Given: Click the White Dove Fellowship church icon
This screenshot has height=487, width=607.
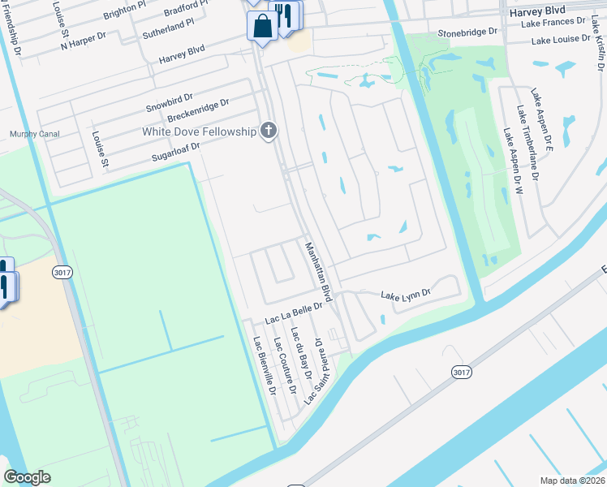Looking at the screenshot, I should click(x=269, y=131).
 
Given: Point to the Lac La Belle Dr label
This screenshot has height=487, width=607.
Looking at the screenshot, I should click(x=294, y=307).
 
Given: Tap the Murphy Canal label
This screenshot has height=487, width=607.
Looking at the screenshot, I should click(x=28, y=134).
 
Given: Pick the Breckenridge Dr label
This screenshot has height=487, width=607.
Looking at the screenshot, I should click(x=198, y=112).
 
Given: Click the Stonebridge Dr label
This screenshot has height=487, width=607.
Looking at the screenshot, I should click(x=467, y=32).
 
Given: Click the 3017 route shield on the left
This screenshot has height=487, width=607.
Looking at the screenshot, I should click(x=62, y=273).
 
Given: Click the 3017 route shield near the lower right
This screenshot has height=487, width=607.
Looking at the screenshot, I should click(x=462, y=372).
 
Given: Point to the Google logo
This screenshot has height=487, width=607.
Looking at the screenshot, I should click(x=27, y=477).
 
